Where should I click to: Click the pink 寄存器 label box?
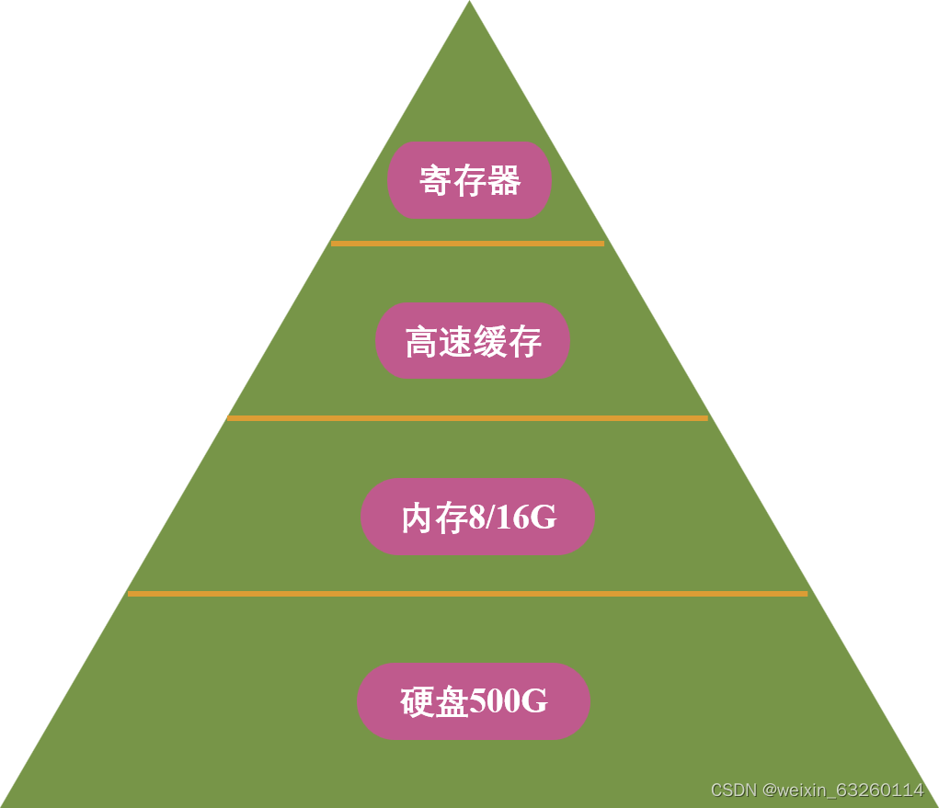click(x=469, y=180)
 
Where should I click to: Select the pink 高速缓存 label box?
click(x=473, y=341)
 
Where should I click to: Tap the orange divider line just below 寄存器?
click(x=467, y=244)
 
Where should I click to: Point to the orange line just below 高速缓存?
click(x=467, y=418)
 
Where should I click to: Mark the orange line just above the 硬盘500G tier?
click(x=467, y=594)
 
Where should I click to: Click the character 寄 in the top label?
click(x=435, y=181)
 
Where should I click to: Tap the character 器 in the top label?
click(x=504, y=181)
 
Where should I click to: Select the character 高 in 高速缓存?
click(x=421, y=342)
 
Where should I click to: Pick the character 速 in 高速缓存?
click(x=456, y=342)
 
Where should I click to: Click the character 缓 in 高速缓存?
click(x=490, y=342)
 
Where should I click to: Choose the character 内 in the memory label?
click(x=418, y=518)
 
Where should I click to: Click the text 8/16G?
click(x=513, y=518)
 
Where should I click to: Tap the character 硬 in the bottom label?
click(x=417, y=702)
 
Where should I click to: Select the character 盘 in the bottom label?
click(x=452, y=702)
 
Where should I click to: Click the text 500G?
click(x=509, y=701)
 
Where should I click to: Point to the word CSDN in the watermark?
click(x=733, y=791)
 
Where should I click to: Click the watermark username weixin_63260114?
click(x=851, y=791)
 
